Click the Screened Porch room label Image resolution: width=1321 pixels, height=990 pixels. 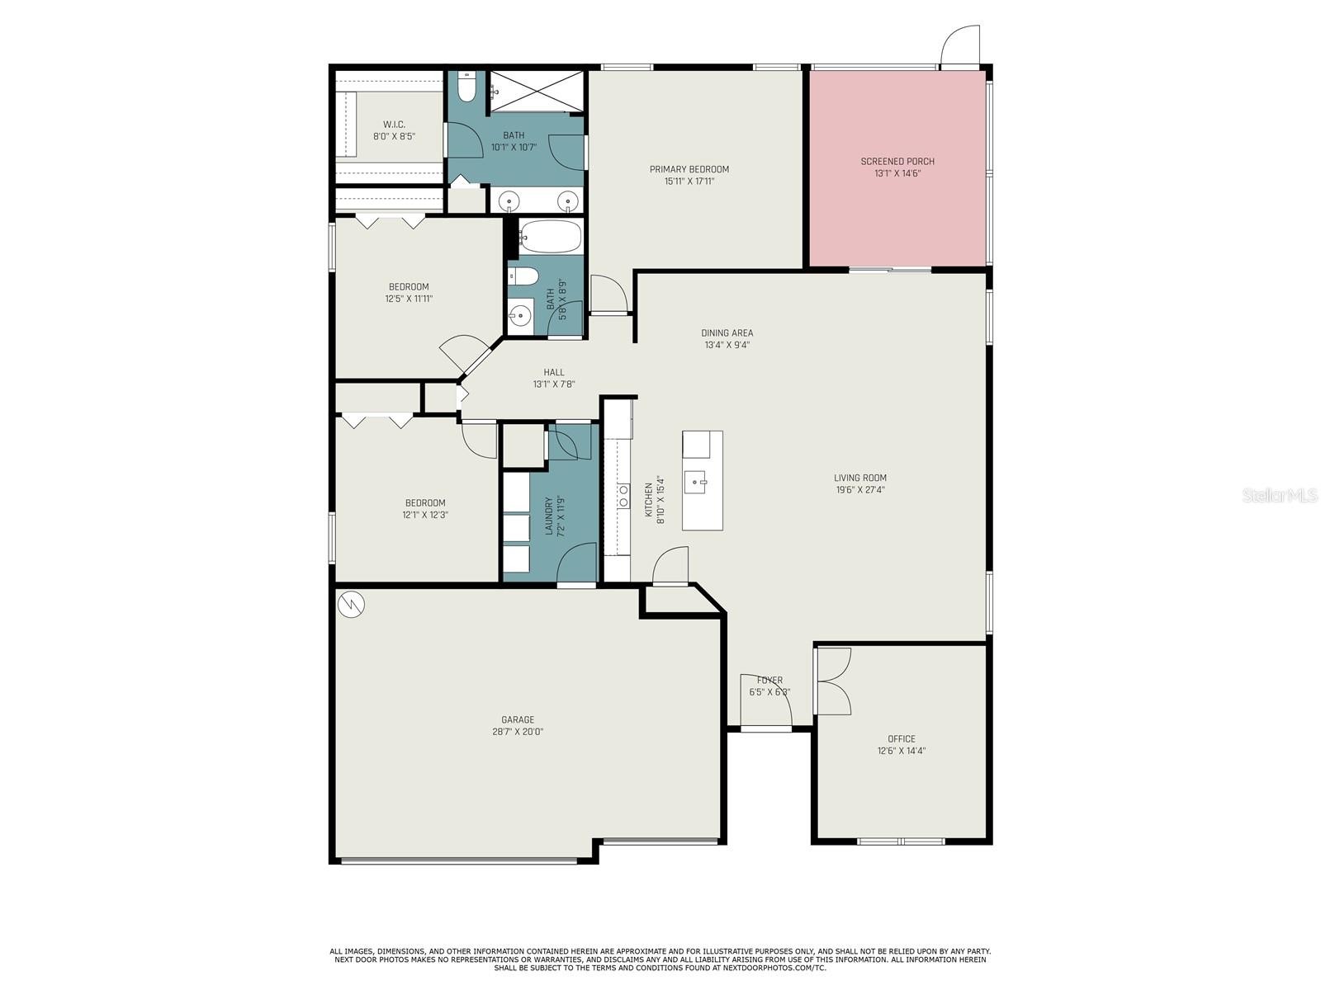click(897, 161)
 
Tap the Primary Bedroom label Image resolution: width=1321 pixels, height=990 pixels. click(689, 169)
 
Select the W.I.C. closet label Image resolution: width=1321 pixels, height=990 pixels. click(394, 125)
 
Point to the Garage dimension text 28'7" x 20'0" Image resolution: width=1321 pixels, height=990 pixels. click(518, 732)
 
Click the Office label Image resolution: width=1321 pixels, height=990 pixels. click(902, 738)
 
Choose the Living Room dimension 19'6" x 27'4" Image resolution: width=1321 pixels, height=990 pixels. click(860, 489)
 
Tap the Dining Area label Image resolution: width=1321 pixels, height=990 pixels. click(727, 332)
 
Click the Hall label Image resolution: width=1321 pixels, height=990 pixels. click(554, 372)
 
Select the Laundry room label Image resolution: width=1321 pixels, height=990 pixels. click(549, 516)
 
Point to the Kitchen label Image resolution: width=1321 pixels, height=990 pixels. click(649, 499)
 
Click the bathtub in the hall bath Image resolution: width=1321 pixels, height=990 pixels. click(551, 236)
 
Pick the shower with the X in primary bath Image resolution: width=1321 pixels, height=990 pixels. click(537, 91)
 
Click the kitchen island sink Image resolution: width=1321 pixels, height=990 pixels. click(696, 482)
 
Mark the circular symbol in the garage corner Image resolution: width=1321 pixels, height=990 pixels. click(351, 605)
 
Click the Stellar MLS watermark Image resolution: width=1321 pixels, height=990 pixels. click(1280, 496)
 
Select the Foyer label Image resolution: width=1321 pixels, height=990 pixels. click(769, 680)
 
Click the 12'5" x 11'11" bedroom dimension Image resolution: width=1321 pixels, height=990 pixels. click(410, 298)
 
